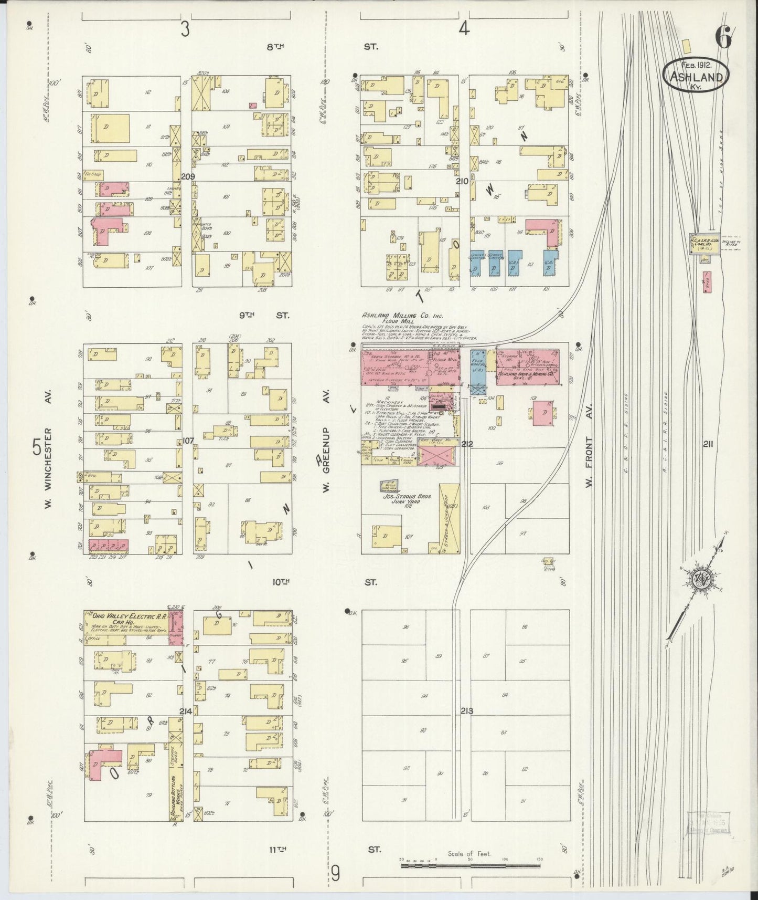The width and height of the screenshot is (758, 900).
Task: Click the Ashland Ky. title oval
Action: pyautogui.click(x=696, y=75)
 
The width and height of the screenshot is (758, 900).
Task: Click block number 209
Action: pyautogui.click(x=187, y=176)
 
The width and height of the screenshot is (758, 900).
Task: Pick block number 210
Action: pyautogui.click(x=462, y=181)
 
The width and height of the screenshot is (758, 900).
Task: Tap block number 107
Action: pyautogui.click(x=187, y=441)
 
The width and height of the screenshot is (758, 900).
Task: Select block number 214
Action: pyautogui.click(x=185, y=711)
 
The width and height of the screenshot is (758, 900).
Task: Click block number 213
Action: pyautogui.click(x=467, y=711)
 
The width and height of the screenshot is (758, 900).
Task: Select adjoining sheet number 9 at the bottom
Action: pyautogui.click(x=335, y=873)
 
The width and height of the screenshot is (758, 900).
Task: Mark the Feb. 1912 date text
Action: pyautogui.click(x=696, y=65)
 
